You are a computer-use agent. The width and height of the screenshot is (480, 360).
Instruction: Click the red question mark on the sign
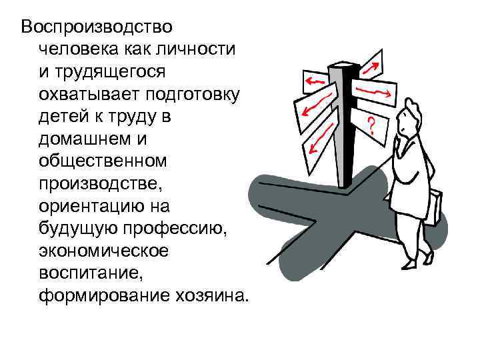tap(371, 125)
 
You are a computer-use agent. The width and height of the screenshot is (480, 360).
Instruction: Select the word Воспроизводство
tap(97, 27)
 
